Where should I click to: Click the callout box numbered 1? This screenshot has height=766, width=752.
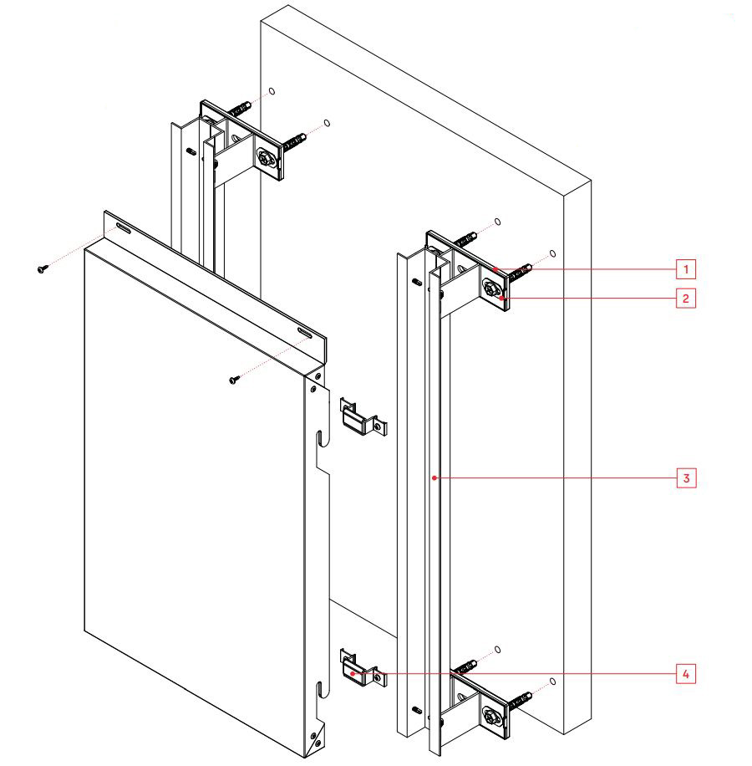click(x=685, y=269)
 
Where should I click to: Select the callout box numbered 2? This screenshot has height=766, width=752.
click(x=685, y=298)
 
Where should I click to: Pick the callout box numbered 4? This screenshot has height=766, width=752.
click(x=685, y=673)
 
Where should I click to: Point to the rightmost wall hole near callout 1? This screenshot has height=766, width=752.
click(x=553, y=252)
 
